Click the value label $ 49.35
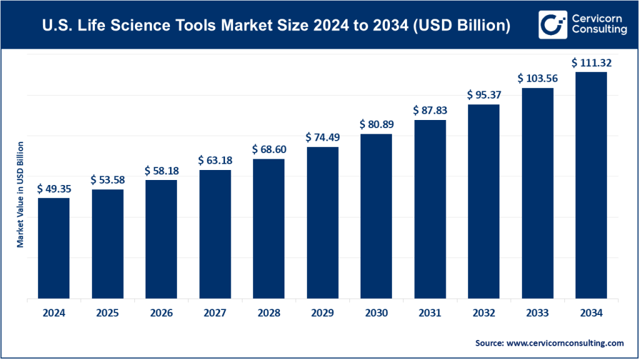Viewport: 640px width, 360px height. pyautogui.click(x=53, y=189)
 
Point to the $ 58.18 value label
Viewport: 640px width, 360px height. pyautogui.click(x=161, y=171)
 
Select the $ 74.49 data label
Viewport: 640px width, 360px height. pyautogui.click(x=322, y=137)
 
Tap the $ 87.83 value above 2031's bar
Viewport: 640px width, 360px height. pyautogui.click(x=429, y=110)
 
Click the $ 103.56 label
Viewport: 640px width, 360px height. pyautogui.click(x=537, y=79)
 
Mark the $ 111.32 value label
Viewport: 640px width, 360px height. pyautogui.click(x=591, y=62)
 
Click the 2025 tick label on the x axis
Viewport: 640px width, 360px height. pyautogui.click(x=107, y=314)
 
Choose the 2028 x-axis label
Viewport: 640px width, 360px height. pyautogui.click(x=268, y=314)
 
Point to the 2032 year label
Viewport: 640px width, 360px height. pyautogui.click(x=483, y=314)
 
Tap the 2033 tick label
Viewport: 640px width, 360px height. pyautogui.click(x=537, y=314)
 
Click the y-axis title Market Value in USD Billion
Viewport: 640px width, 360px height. pyautogui.click(x=21, y=194)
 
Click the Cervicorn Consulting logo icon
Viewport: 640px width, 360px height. pyautogui.click(x=551, y=25)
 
